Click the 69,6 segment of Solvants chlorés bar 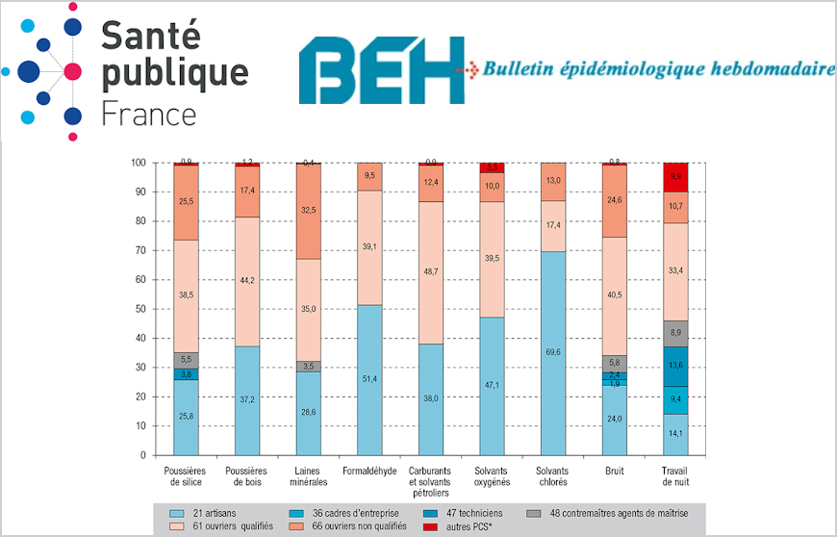coord(553,353)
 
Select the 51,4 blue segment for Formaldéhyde coord(369,380)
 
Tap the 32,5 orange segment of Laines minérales coord(308,211)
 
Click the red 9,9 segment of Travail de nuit coord(675,177)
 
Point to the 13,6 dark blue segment coord(675,366)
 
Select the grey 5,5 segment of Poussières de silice coord(186,359)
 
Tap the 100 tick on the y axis coord(137,163)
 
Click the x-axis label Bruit coord(614,470)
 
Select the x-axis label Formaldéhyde coord(369,470)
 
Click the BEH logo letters coord(381,71)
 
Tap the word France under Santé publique coord(148,114)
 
